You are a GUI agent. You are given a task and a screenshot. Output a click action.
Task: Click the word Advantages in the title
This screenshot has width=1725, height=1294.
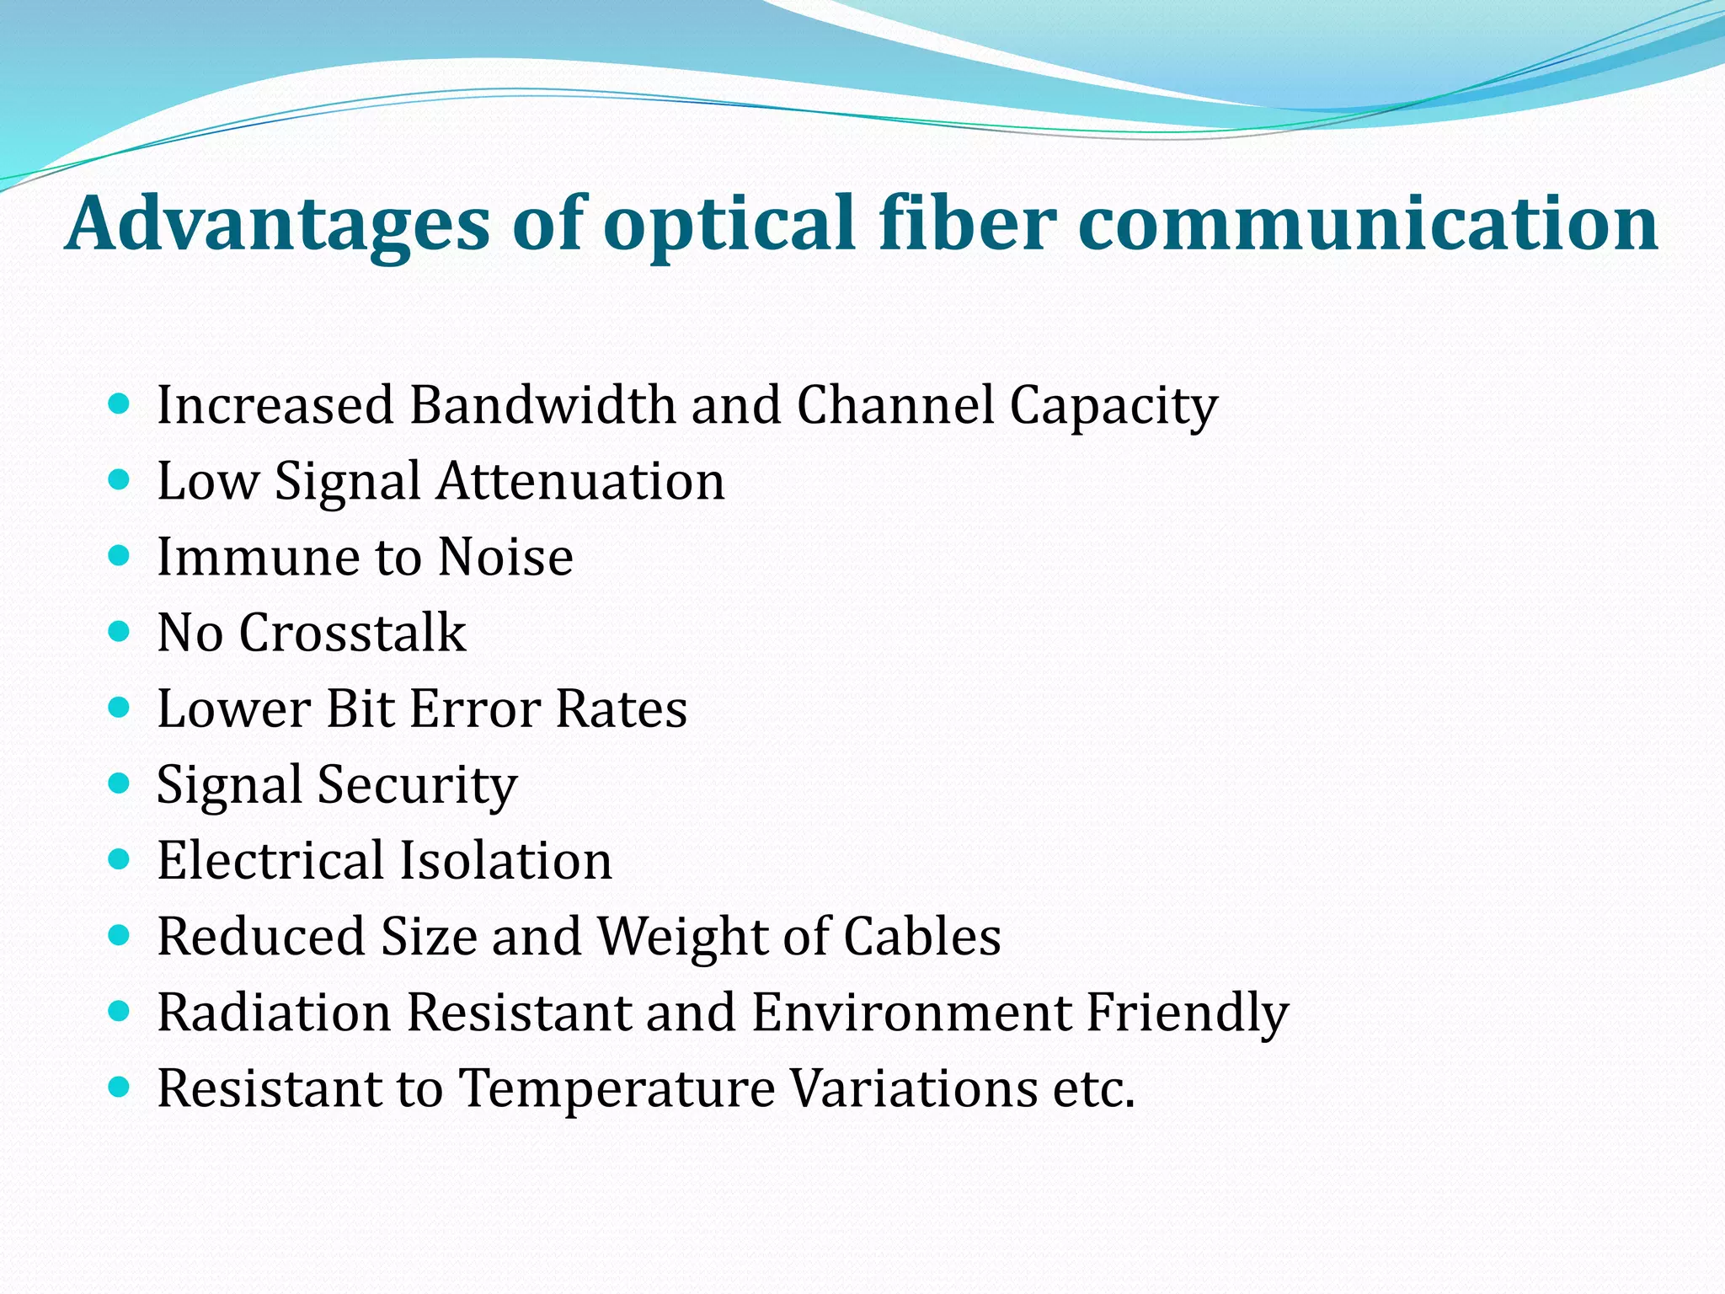click(x=278, y=223)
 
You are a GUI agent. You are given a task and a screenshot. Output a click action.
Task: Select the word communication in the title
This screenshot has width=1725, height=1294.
click(x=1368, y=223)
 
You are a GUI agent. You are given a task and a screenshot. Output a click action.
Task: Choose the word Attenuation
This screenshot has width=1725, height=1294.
click(x=580, y=482)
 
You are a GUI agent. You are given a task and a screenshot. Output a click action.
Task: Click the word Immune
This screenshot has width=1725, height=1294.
click(x=259, y=558)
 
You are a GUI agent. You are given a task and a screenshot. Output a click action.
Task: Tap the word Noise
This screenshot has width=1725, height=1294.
click(x=505, y=558)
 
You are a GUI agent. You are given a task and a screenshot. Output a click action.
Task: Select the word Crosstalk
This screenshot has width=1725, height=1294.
click(x=352, y=634)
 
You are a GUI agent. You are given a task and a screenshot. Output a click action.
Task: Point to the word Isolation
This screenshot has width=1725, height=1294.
click(x=505, y=861)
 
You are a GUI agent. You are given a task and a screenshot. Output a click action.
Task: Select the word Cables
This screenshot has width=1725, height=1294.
click(x=922, y=937)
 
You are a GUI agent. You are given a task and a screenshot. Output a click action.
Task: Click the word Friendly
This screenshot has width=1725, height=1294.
click(x=1188, y=1013)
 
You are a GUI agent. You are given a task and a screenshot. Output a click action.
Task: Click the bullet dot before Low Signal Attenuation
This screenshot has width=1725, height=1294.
click(x=120, y=481)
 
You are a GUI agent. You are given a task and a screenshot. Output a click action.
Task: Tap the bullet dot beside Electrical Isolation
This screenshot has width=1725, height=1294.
click(x=120, y=860)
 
